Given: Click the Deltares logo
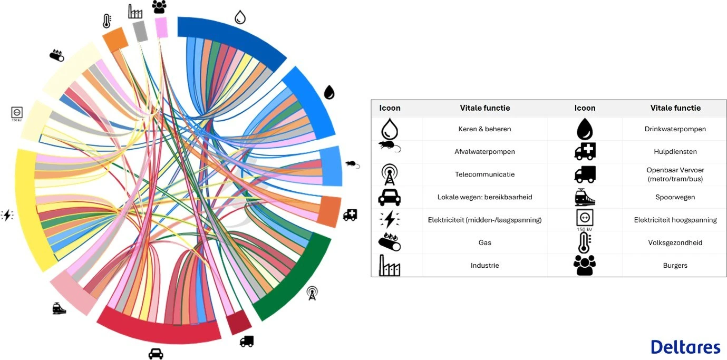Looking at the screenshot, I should (685, 347).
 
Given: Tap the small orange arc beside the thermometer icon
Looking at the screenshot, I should (115, 39).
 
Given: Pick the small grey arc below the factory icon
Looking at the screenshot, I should (140, 31).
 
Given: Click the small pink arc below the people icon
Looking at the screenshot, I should (161, 27).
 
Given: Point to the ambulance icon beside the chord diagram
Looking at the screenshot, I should (350, 215).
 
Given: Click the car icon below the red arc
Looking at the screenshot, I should (156, 353).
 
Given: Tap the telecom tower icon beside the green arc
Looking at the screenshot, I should (312, 293).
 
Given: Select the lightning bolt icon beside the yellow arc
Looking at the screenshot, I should (7, 215).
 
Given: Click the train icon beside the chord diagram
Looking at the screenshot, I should (59, 308).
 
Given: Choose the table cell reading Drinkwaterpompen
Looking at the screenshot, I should (675, 129).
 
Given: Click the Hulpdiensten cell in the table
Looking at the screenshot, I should (675, 152).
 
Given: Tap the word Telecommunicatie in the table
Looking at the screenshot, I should (484, 174).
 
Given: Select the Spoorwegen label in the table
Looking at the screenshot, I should (675, 197).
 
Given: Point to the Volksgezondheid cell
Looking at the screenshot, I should (675, 243).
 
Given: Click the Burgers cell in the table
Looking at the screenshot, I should (675, 266).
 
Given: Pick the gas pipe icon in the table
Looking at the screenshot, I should (390, 242).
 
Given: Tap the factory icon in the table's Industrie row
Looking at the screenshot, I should (390, 266).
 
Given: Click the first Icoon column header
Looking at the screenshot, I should (390, 108).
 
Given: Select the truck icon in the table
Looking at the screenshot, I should (585, 174).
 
